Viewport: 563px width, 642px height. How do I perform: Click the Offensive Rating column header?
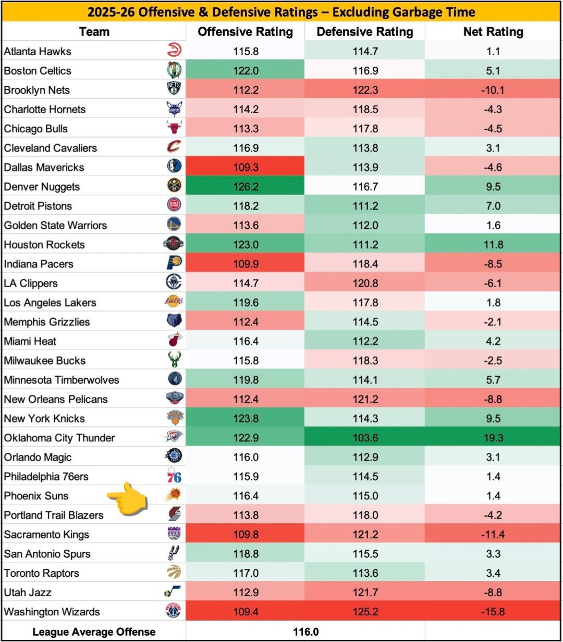[x=245, y=32]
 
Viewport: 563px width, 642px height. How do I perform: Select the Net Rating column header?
[x=493, y=32]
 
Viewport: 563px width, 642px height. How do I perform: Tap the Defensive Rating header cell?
[x=364, y=32]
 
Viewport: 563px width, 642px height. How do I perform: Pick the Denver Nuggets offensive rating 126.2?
[x=246, y=187]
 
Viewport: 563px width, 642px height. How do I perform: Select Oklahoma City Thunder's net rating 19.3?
[x=493, y=438]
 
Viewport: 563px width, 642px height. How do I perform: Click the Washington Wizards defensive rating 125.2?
[x=364, y=612]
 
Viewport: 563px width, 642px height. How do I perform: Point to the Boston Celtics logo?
[x=174, y=70]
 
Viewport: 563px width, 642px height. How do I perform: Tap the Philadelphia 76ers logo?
[x=174, y=476]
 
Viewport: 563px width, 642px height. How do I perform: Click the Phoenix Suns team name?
[x=36, y=496]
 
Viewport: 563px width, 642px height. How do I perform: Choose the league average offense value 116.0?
[x=305, y=632]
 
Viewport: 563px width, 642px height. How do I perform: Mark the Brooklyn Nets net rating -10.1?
[x=493, y=90]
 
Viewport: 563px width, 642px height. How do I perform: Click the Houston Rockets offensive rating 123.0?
[x=246, y=244]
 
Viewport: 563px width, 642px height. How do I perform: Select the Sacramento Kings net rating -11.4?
[x=493, y=534]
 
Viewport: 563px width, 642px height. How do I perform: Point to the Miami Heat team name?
[x=30, y=341]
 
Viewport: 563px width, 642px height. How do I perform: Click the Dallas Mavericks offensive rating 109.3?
[x=246, y=167]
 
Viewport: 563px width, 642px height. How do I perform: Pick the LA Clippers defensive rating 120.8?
[x=364, y=283]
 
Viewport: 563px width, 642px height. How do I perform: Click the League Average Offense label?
[x=94, y=632]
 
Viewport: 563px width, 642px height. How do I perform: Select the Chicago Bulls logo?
[x=174, y=129]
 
